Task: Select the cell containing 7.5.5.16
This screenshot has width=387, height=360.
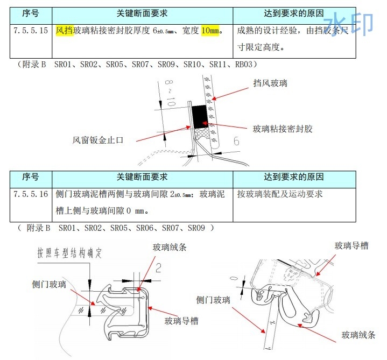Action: [x=31, y=194]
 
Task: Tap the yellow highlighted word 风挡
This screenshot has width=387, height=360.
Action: [x=64, y=30]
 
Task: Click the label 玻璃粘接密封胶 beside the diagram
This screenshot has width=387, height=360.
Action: [x=283, y=129]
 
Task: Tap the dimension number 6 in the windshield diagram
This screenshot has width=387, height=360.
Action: [x=236, y=142]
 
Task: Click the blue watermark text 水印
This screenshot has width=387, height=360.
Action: [x=353, y=24]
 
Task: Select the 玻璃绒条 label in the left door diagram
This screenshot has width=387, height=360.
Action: [x=170, y=248]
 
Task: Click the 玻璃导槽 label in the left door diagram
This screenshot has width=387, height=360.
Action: [x=181, y=321]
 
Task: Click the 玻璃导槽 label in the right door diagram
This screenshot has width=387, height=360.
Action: [x=351, y=245]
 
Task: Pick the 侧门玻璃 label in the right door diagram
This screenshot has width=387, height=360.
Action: [x=213, y=300]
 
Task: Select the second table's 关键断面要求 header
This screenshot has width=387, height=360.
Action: [x=142, y=177]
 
